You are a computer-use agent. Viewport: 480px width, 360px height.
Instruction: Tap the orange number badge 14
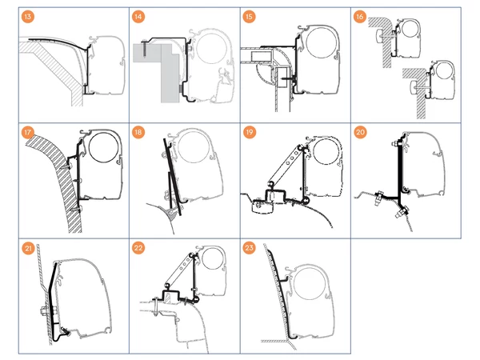[x=139, y=17]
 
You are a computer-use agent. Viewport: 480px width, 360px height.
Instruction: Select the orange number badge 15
[x=250, y=17]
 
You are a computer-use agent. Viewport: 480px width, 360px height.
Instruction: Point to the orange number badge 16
[x=362, y=17]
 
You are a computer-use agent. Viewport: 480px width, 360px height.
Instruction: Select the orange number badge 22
[x=139, y=248]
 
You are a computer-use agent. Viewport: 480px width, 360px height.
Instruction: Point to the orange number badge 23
[x=250, y=248]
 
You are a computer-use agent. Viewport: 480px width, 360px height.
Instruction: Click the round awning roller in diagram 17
[x=102, y=149]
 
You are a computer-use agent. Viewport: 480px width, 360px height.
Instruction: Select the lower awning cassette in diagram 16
[x=438, y=81]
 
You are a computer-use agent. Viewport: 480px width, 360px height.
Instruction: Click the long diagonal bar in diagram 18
[x=175, y=176]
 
